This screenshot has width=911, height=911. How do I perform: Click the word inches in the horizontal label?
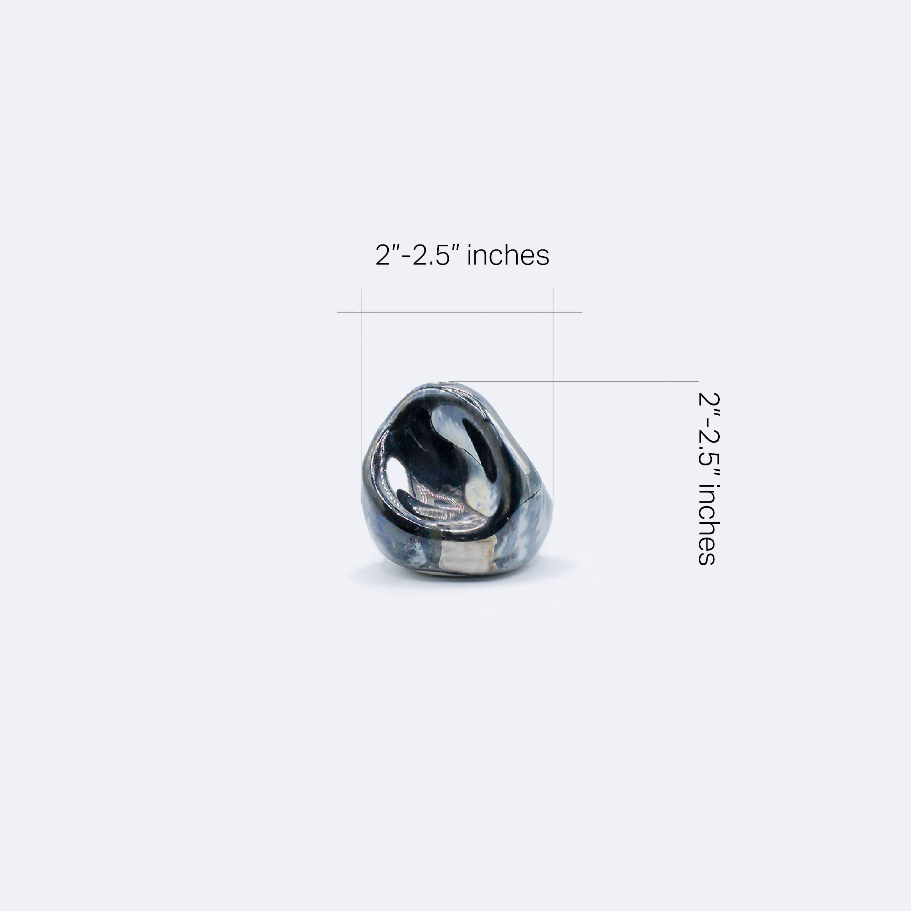(508, 255)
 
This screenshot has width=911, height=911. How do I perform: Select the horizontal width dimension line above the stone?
(460, 312)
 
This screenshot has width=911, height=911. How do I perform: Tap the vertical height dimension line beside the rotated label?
(671, 482)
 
